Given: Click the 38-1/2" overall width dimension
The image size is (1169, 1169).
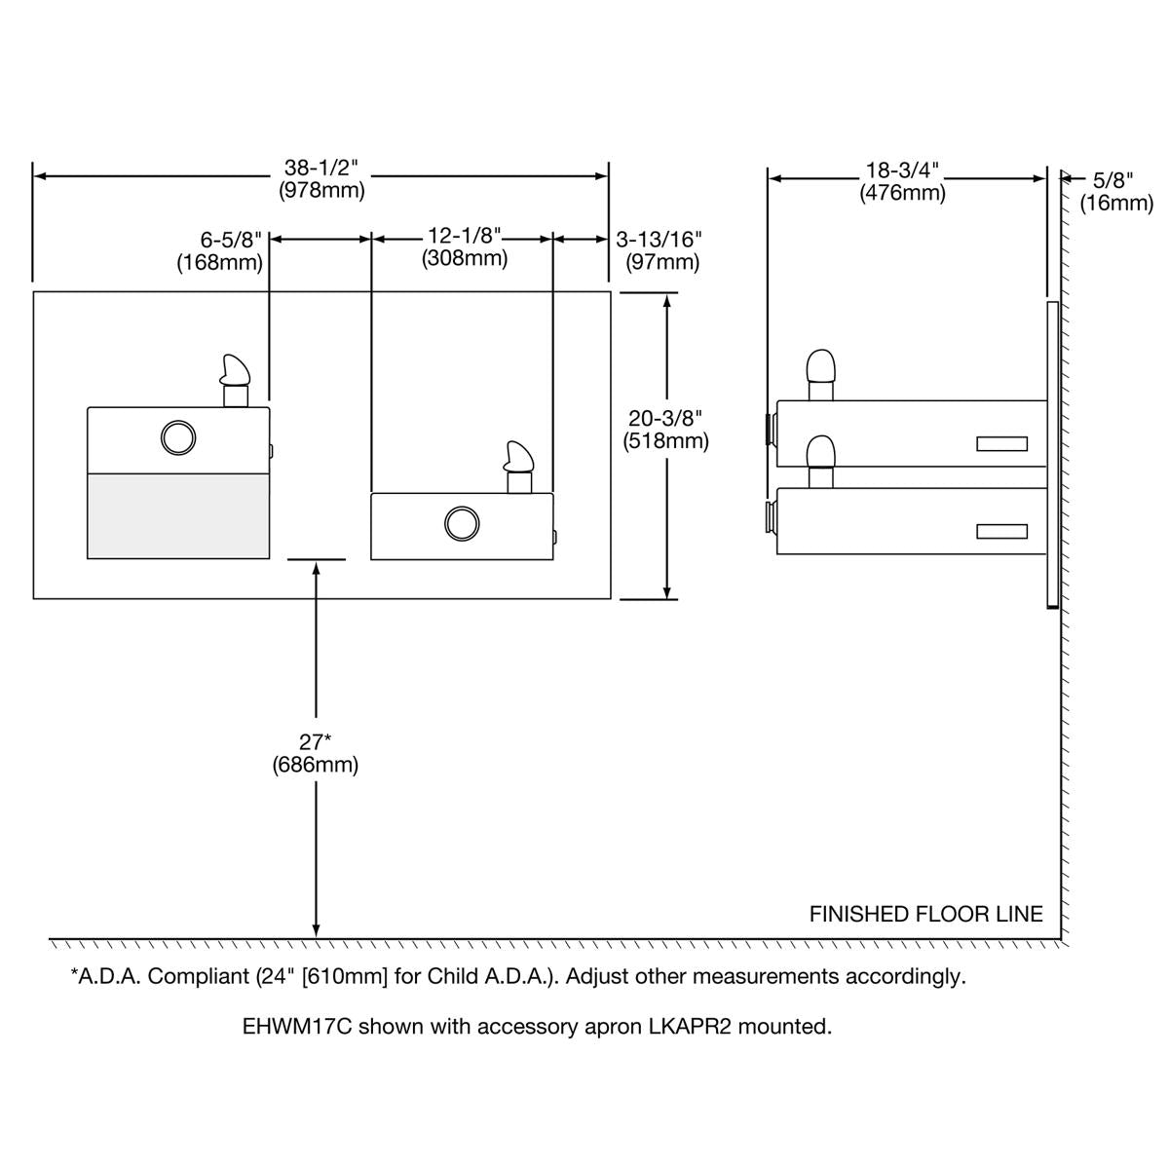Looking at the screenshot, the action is tap(321, 167).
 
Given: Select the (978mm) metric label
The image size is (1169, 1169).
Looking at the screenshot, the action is tap(321, 191).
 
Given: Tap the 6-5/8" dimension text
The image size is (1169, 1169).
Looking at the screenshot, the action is tap(231, 241).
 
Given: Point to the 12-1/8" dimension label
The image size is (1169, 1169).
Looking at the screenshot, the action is tap(465, 235).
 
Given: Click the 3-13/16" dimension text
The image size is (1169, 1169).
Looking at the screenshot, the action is tap(659, 239).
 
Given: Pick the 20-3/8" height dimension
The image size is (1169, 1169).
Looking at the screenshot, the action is tap(665, 418).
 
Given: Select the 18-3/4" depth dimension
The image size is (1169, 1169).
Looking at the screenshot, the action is tap(902, 170).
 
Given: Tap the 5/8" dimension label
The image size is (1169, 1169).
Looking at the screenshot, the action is tap(1112, 180).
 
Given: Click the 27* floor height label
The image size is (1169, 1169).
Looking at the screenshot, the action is tap(315, 741).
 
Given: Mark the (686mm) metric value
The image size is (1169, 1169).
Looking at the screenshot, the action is tap(315, 765).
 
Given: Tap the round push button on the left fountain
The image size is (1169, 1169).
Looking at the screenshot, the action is tap(178, 437).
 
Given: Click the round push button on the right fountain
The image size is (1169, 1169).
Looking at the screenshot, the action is tap(462, 523).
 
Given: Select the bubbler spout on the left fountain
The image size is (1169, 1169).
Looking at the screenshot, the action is tap(236, 380).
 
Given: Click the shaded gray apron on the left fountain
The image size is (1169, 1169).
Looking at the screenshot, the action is tap(178, 515).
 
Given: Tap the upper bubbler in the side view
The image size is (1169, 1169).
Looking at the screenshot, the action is tap(821, 375).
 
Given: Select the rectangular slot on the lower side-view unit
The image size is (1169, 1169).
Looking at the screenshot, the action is tap(1001, 532).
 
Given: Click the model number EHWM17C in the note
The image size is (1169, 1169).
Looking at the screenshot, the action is tap(297, 1026).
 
